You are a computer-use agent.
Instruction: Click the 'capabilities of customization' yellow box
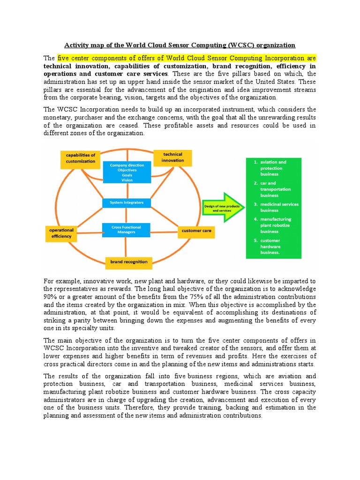tap(81, 158)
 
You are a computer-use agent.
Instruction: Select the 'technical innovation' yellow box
tap(173, 157)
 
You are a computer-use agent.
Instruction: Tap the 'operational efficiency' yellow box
tap(61, 233)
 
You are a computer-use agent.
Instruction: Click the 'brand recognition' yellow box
tap(128, 262)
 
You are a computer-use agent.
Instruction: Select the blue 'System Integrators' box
tap(127, 202)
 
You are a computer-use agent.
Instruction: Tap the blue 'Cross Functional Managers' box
tap(127, 229)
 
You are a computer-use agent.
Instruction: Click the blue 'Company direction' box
tap(127, 172)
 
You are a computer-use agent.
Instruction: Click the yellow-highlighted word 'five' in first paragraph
tap(65, 58)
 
